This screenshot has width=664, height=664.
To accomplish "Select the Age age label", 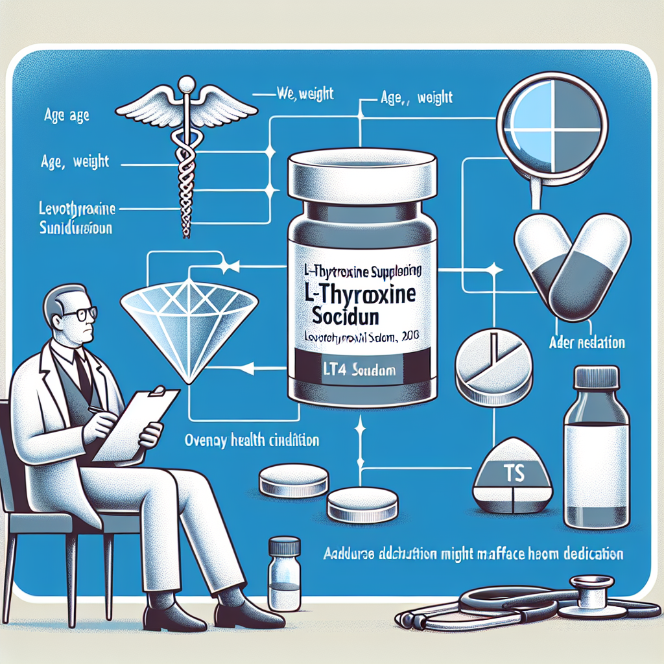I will pyautogui.click(x=67, y=117).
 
